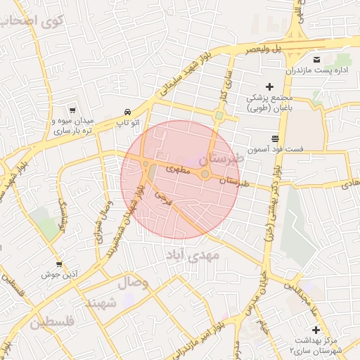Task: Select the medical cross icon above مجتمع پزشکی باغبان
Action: pos(269,86)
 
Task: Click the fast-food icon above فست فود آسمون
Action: pos(274,138)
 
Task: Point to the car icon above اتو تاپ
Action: pos(127,112)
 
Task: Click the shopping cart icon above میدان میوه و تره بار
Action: pos(72,110)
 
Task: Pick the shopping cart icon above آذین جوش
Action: pos(59,264)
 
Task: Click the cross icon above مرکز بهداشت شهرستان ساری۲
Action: pos(316,330)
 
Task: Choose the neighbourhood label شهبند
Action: pos(100,304)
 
